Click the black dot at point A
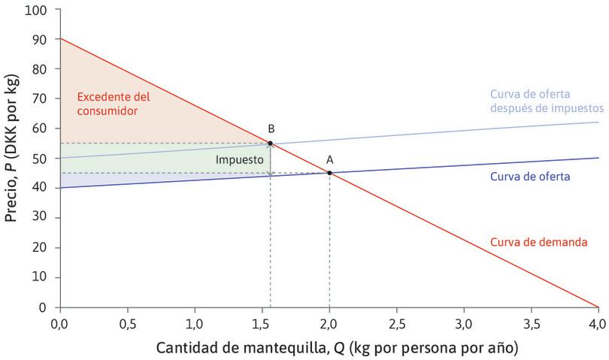(329, 173)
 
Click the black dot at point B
(271, 143)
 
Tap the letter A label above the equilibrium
(329, 159)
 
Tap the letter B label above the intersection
(270, 129)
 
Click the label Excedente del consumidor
(113, 104)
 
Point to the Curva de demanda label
(538, 242)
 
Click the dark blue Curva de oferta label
(529, 177)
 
